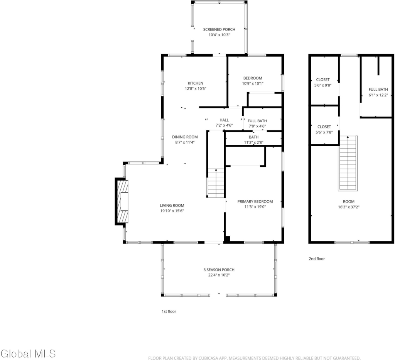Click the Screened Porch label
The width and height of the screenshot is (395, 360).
point(219,29)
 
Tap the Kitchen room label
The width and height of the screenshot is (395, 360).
point(196,83)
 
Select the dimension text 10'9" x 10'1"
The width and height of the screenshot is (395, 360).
point(253,83)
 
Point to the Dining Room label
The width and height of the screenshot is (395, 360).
point(185,137)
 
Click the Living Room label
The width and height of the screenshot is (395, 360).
point(172,205)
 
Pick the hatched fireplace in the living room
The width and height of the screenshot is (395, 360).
point(122,201)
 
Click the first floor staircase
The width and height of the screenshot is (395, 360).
point(216,183)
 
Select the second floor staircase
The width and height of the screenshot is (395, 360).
point(348,163)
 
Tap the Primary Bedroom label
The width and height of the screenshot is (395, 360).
point(255,201)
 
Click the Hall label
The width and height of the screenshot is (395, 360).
point(224,120)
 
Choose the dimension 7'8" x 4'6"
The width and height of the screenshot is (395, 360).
point(257,126)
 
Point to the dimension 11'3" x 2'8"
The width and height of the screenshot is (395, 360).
point(254,142)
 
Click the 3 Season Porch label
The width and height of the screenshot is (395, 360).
point(219,270)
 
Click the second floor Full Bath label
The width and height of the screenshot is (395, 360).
point(378,90)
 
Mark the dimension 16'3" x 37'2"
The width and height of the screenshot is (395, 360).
point(349,207)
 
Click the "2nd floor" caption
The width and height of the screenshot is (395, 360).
point(317,259)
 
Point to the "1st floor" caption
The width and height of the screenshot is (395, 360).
point(169,311)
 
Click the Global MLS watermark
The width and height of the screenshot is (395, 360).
point(28,354)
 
